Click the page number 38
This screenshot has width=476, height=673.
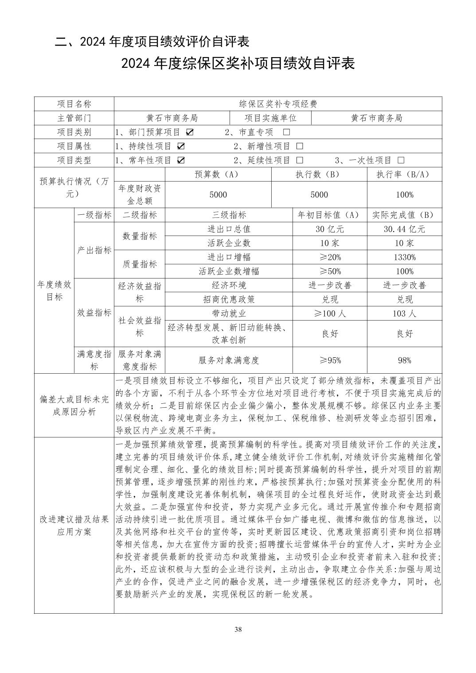click(238, 630)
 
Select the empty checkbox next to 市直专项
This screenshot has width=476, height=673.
click(286, 132)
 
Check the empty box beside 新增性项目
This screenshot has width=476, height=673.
click(300, 146)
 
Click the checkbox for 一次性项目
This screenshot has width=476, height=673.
click(401, 160)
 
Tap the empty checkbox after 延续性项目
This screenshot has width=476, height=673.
click(300, 160)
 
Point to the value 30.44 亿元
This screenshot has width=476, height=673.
click(404, 229)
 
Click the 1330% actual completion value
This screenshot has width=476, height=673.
click(404, 257)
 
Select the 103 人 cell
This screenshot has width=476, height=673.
click(404, 313)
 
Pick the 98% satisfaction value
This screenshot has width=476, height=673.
click(404, 360)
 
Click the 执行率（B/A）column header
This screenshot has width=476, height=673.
click(404, 174)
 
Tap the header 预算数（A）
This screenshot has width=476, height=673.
click(218, 174)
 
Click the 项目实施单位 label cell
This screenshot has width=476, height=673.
click(270, 118)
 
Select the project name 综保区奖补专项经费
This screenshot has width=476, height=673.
click(278, 104)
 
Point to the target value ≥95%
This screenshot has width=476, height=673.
click(330, 360)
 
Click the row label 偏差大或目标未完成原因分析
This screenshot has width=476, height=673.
click(74, 405)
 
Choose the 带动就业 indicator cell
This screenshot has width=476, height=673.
click(229, 313)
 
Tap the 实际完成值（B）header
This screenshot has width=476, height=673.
click(404, 215)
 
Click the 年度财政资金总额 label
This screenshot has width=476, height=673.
click(140, 194)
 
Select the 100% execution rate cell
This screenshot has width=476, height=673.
click(404, 195)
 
